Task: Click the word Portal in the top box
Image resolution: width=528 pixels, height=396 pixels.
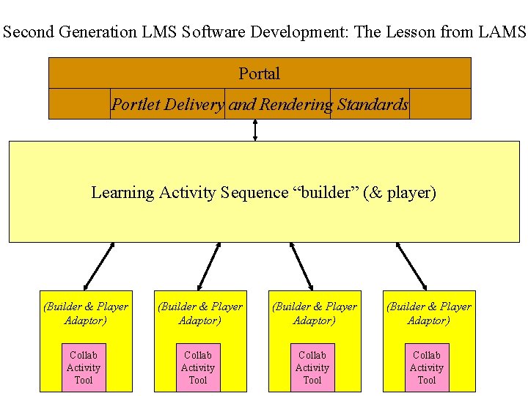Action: click(259, 73)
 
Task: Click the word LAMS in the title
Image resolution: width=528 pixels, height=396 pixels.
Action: click(504, 32)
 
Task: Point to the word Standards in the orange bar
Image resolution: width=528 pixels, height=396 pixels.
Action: click(373, 105)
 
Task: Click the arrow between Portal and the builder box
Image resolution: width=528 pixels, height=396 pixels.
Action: click(254, 129)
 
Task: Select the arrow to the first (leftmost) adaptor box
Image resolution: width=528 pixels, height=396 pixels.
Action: click(99, 266)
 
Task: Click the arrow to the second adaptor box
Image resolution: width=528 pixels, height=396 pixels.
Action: click(208, 266)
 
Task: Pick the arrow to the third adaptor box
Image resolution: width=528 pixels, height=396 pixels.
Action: click(302, 266)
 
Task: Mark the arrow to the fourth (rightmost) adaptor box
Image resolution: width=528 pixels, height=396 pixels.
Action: click(411, 266)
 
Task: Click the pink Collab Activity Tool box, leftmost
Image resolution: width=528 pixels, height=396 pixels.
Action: click(84, 367)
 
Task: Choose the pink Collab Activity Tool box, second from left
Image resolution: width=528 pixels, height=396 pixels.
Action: click(198, 367)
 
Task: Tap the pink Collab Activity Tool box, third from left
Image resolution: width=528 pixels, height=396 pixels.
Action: click(312, 367)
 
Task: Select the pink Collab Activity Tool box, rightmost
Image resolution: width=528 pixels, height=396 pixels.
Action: click(427, 367)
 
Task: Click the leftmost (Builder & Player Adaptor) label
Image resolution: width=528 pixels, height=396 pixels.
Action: click(86, 313)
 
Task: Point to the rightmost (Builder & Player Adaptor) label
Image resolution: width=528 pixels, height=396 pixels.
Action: click(429, 313)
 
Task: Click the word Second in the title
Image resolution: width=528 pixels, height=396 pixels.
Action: click(28, 32)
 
